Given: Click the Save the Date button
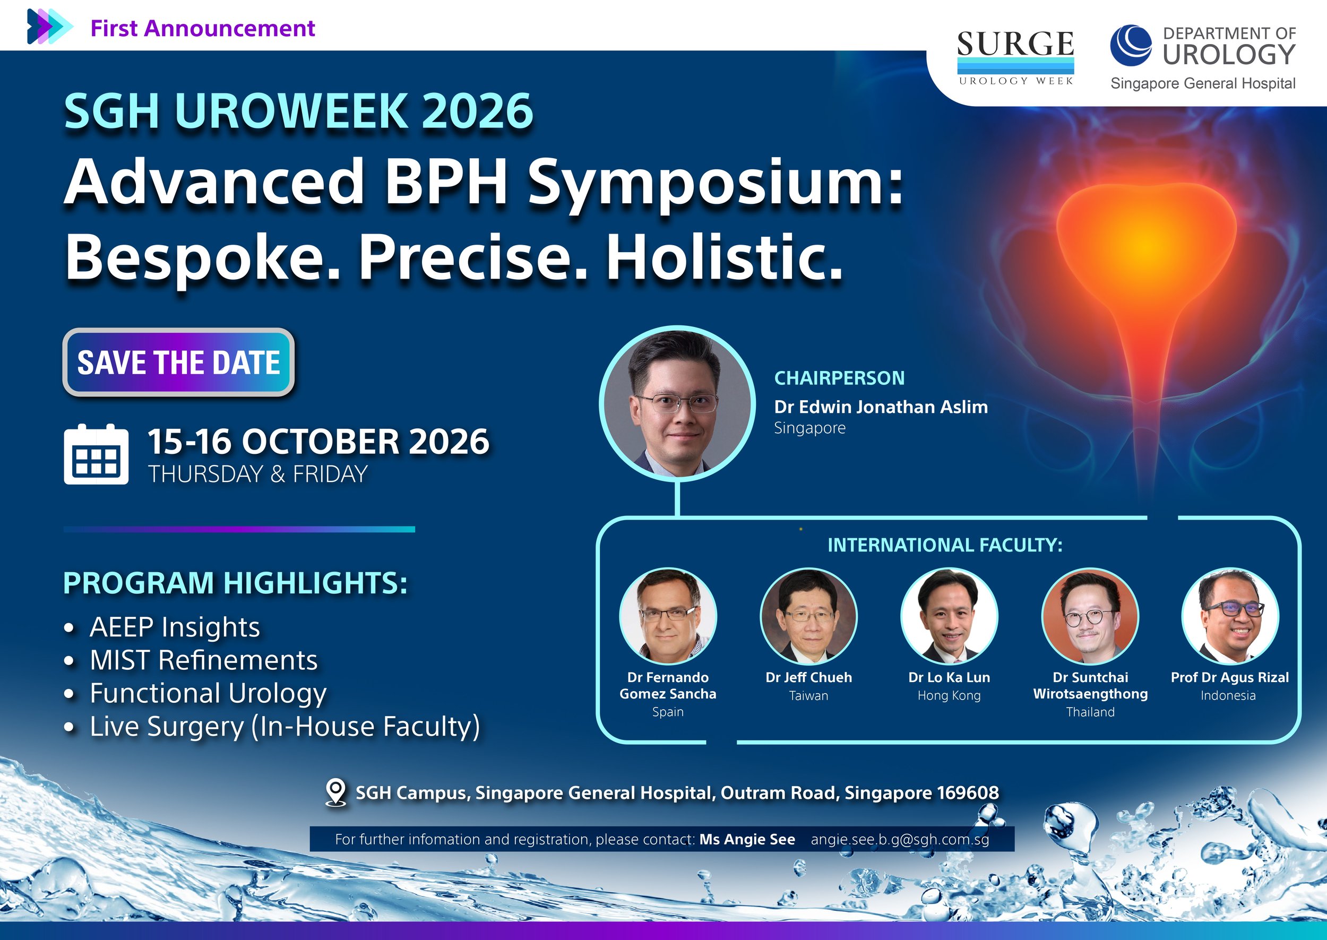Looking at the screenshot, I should (x=178, y=363).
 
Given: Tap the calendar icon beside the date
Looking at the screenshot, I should (x=96, y=454).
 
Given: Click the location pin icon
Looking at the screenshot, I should (x=335, y=792).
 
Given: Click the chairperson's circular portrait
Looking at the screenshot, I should (x=677, y=403).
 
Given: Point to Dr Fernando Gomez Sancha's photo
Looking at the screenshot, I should (x=668, y=615).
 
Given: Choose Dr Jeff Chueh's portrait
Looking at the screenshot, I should (x=808, y=615).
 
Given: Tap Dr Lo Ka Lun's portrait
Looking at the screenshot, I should (x=949, y=615).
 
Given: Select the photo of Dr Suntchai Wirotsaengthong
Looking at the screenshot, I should (x=1090, y=615).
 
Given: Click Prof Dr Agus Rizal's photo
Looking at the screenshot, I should (x=1230, y=615).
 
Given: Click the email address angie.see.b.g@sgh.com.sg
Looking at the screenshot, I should (x=900, y=839).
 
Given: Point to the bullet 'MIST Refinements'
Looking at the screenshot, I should (x=204, y=660).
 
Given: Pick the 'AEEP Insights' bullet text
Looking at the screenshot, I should (x=175, y=627).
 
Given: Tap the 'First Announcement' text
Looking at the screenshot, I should (x=203, y=28).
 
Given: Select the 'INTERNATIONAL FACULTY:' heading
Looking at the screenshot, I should (x=945, y=545).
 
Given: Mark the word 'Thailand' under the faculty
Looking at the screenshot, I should (x=1090, y=712).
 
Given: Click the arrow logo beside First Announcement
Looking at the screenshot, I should (x=49, y=27).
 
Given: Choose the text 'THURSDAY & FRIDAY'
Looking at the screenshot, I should (x=258, y=474).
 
